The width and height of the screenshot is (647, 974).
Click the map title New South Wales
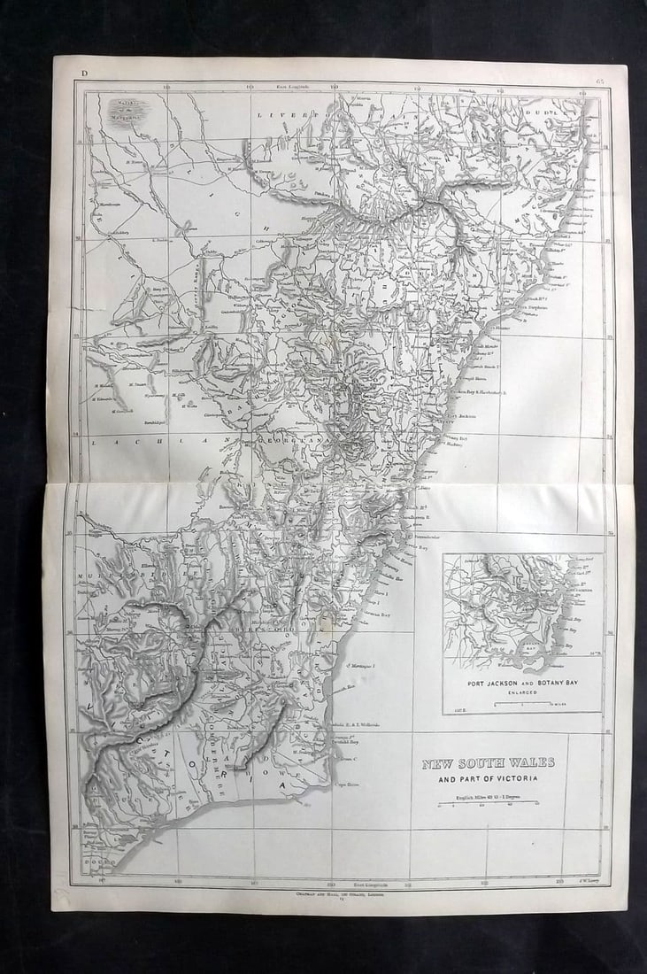[x=488, y=763]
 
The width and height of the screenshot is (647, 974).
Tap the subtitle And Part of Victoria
[x=489, y=779]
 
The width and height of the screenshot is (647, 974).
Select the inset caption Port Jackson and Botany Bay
[x=522, y=684]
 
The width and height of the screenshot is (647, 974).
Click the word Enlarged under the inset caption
[x=522, y=693]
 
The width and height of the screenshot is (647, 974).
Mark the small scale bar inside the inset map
[x=522, y=704]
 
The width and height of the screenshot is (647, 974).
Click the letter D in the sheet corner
[x=84, y=72]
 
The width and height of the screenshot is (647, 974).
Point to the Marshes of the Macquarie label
[x=127, y=110]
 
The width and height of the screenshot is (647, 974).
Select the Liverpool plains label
[x=297, y=116]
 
